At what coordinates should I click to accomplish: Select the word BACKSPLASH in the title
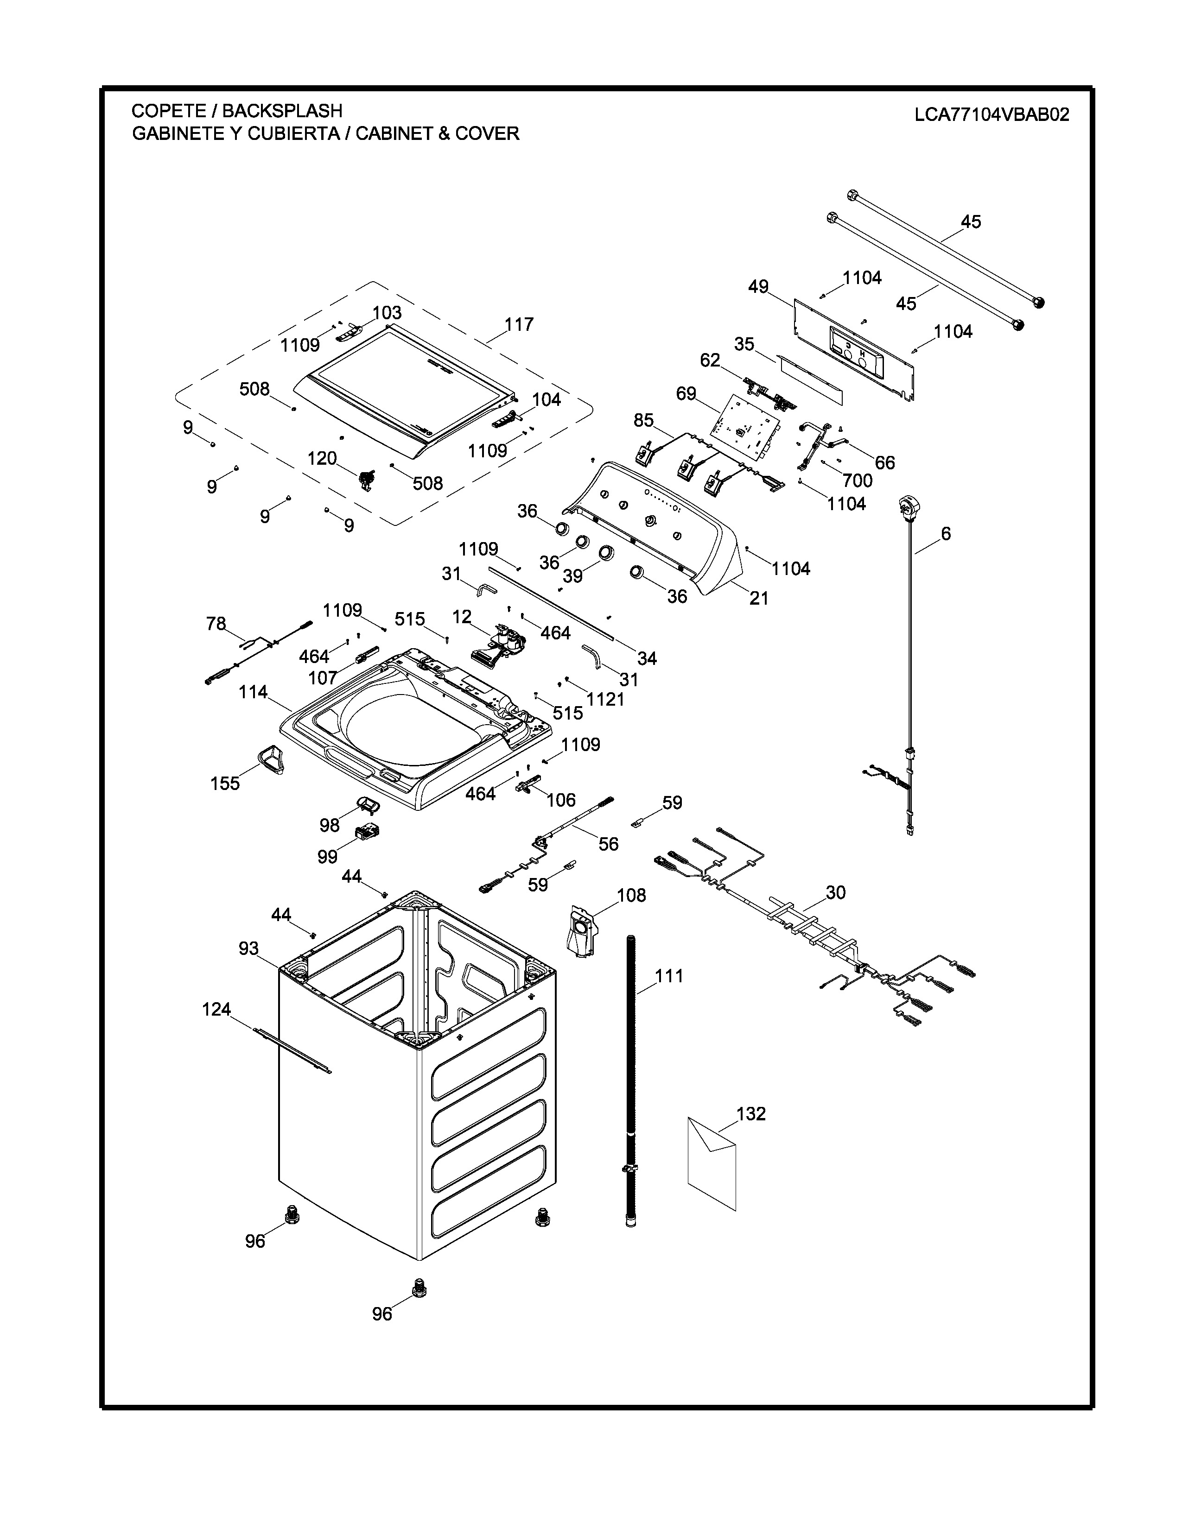click(x=282, y=111)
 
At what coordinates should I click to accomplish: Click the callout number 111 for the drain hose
click(x=669, y=975)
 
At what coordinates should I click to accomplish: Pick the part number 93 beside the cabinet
click(x=248, y=948)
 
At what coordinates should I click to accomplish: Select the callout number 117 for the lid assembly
click(x=519, y=324)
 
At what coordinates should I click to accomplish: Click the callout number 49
click(x=758, y=286)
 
